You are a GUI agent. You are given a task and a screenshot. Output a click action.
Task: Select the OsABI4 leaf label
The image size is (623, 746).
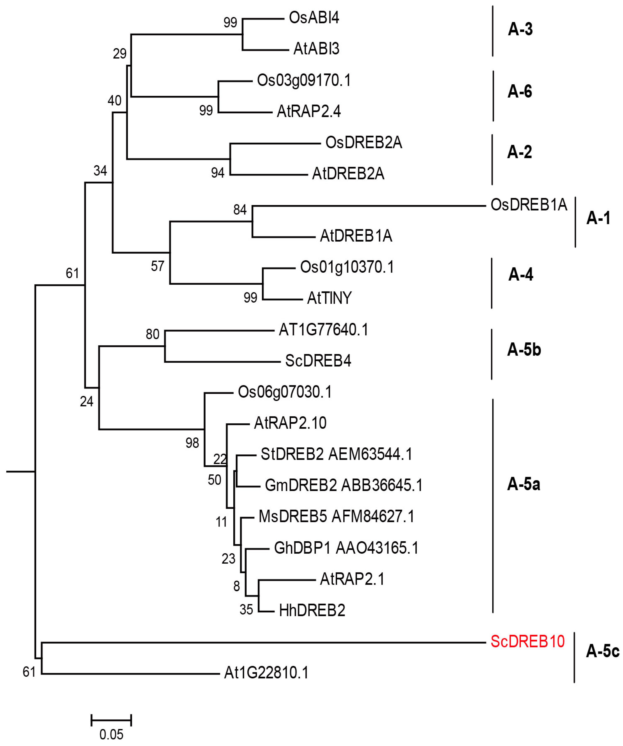314,18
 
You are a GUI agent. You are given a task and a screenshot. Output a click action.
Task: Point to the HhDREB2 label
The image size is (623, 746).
312,610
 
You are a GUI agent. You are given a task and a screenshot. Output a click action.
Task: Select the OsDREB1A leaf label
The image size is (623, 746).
529,205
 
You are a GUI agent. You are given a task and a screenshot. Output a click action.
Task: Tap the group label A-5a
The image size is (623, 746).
523,484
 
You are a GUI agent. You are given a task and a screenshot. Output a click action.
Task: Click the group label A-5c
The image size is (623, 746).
602,651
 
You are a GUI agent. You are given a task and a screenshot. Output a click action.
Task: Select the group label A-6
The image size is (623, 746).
520,92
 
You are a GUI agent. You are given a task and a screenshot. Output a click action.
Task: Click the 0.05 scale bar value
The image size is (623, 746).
111,734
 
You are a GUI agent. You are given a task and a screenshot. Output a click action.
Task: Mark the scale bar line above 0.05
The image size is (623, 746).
111,720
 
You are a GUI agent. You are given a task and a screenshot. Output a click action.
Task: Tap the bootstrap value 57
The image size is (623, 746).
157,266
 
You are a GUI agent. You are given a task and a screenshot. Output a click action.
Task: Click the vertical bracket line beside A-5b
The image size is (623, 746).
492,354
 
